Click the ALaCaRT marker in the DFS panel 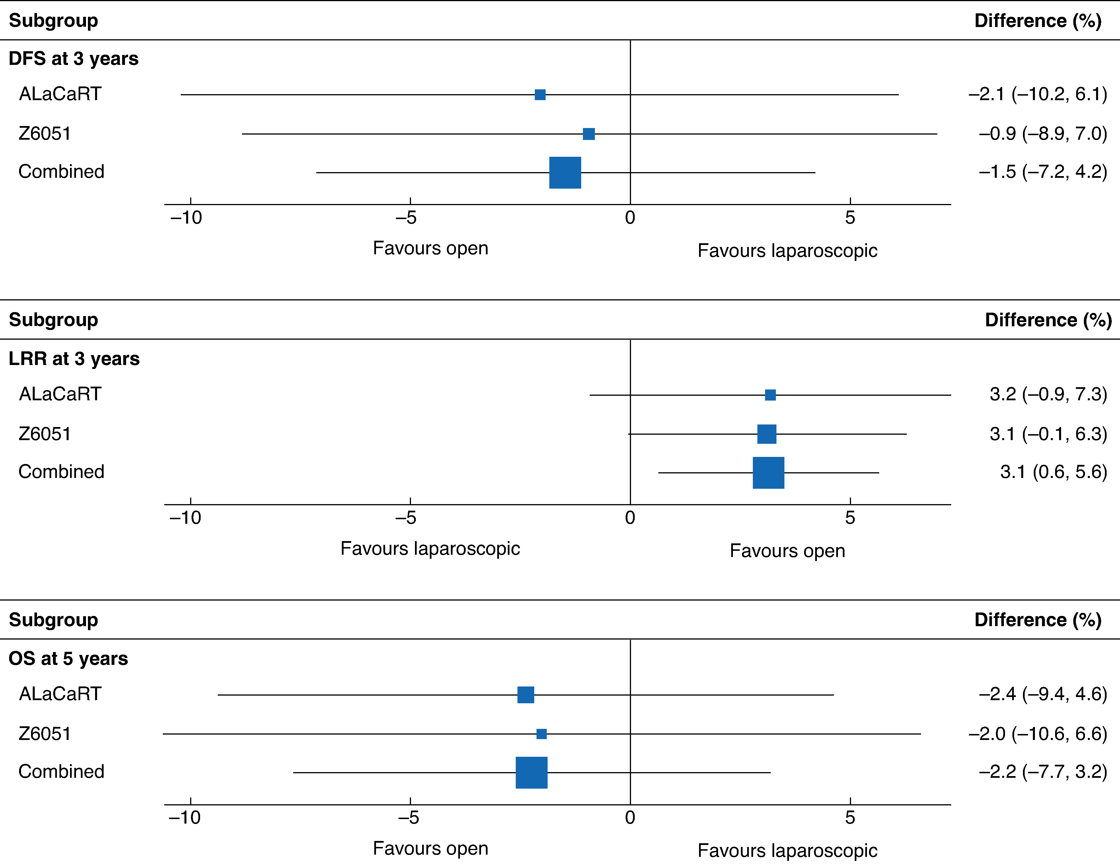click(540, 94)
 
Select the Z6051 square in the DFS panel click(589, 134)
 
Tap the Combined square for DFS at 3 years click(565, 173)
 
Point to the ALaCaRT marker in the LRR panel click(770, 395)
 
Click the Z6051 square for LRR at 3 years click(767, 434)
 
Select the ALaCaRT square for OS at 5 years click(526, 695)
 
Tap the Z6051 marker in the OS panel click(542, 734)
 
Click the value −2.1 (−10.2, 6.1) click(1037, 94)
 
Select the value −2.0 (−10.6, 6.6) click(1037, 734)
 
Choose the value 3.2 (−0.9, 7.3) click(1048, 394)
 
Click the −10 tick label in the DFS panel click(186, 218)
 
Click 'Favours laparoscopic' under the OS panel click(787, 851)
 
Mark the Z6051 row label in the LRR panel click(45, 434)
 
